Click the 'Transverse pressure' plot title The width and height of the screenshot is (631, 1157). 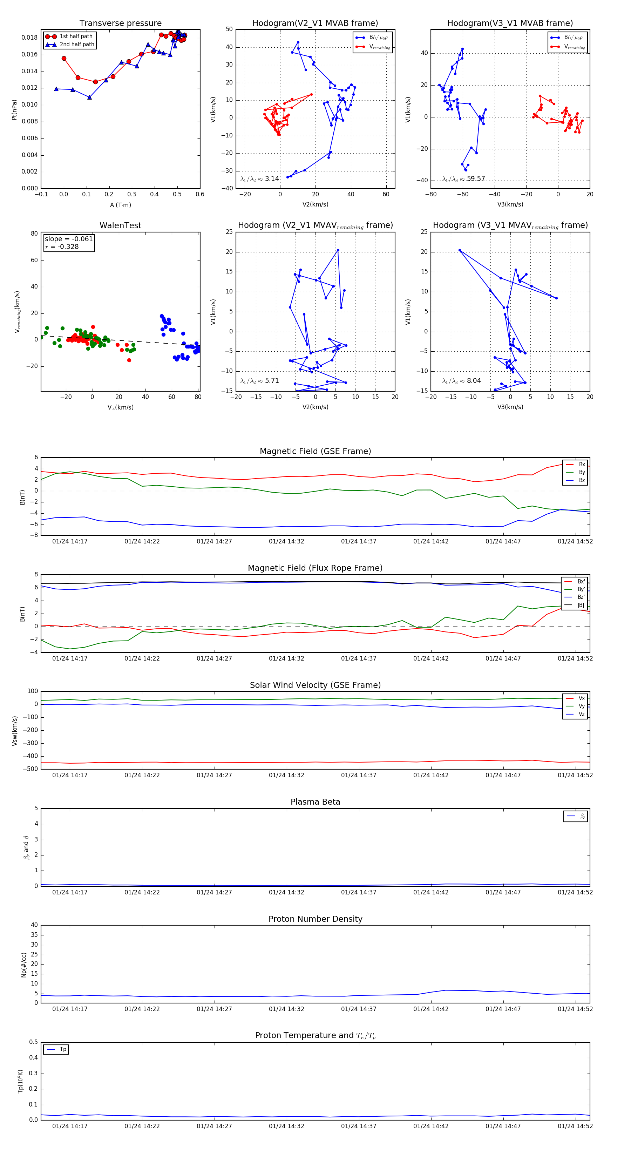pos(120,23)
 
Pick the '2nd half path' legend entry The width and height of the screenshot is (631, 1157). pos(77,45)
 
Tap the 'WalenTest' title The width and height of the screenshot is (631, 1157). pos(120,225)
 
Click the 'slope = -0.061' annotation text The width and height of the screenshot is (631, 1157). pos(69,239)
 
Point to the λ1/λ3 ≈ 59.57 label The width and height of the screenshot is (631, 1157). pos(463,179)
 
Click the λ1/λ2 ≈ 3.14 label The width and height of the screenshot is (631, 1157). pos(259,179)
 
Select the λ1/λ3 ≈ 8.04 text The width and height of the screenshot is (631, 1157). pos(461,381)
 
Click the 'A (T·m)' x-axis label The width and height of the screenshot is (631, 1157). pos(120,205)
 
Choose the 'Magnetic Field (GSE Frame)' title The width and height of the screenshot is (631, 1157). pos(315,451)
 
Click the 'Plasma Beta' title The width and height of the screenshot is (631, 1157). pos(315,802)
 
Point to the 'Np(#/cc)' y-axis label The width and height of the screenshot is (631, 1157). pos(24,965)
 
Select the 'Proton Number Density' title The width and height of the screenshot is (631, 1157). pos(315,919)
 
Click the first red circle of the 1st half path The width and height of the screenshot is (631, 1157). pos(64,59)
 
